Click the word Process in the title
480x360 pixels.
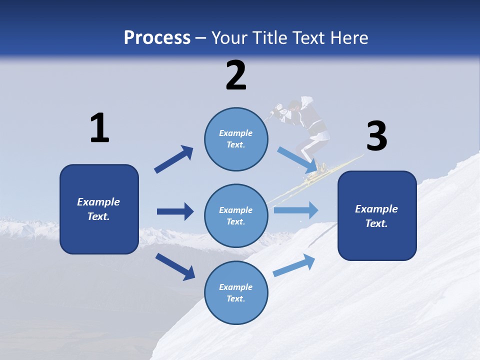[157, 38]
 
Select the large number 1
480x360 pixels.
[99, 128]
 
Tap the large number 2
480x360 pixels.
[236, 75]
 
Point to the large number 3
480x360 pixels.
[376, 136]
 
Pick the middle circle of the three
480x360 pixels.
[236, 216]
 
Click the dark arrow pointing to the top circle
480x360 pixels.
[174, 159]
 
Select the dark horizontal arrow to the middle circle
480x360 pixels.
[175, 211]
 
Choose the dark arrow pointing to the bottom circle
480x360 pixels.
[175, 266]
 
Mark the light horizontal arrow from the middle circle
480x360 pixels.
[296, 210]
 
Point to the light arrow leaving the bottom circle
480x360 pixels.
[294, 265]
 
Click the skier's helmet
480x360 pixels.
[295, 105]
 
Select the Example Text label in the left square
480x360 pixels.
[98, 209]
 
